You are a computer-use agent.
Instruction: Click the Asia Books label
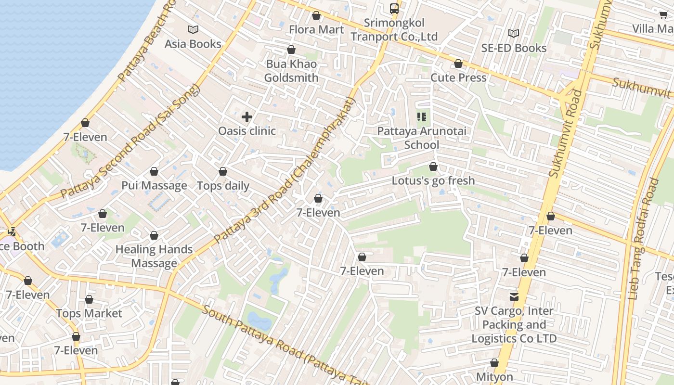pos(193,44)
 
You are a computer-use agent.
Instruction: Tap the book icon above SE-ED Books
pos(514,33)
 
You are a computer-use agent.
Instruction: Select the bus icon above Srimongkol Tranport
pos(394,8)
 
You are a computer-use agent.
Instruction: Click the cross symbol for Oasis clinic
pos(247,117)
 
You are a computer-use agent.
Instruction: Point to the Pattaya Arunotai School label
pos(421,138)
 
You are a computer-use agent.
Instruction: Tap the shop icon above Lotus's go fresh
pos(433,167)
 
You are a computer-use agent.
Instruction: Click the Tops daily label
pos(223,186)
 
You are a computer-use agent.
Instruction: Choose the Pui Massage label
pos(154,185)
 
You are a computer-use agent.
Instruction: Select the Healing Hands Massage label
pos(154,256)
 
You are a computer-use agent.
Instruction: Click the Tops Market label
pos(89,313)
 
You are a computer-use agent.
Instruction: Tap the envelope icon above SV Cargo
pos(514,297)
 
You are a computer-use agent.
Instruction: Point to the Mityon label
pos(494,376)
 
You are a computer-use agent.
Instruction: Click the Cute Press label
pos(458,77)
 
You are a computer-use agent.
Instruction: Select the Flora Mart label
pos(316,29)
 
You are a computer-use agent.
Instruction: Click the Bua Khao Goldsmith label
pos(291,71)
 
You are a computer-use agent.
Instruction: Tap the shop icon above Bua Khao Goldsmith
pos(291,50)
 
